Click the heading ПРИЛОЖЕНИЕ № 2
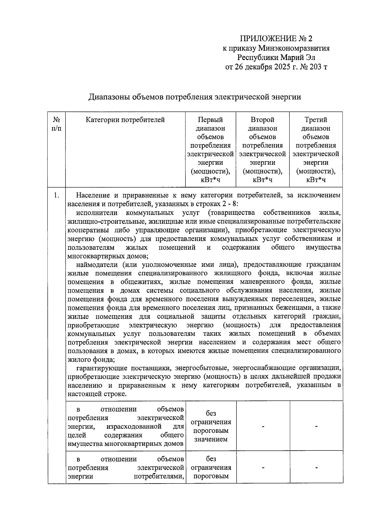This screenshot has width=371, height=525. pos(276,39)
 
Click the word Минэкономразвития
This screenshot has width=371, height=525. pos(294,48)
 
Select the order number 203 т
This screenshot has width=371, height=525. pos(317,67)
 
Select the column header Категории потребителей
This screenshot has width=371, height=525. pos(125,120)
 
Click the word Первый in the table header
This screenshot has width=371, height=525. pos(210,120)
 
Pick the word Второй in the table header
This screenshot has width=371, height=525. pos(262,120)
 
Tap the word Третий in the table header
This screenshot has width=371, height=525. pos(316,120)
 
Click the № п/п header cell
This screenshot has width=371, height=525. pos(56,124)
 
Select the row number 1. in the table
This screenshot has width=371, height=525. pos(56,195)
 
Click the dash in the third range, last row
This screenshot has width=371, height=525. pos(316,468)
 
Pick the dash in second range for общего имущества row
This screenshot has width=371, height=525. pos(263,427)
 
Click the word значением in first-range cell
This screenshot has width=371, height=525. pos(211,439)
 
